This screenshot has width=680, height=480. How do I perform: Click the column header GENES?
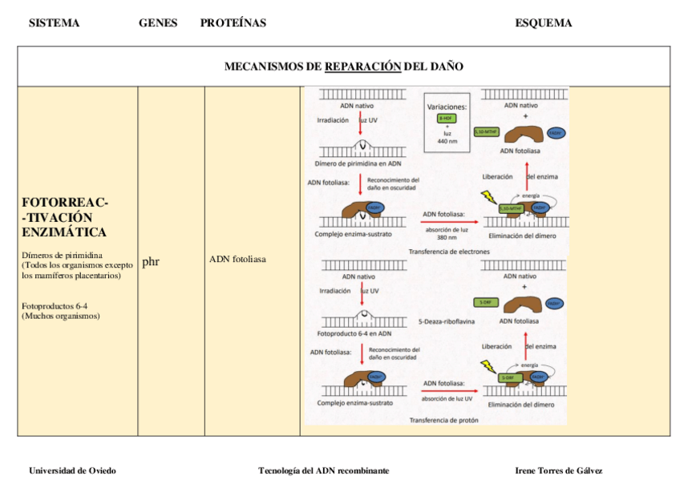pyautogui.click(x=158, y=23)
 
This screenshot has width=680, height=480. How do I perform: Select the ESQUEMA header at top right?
pyautogui.click(x=543, y=23)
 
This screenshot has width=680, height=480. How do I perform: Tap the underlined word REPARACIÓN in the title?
pyautogui.click(x=362, y=67)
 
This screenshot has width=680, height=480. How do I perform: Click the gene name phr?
pyautogui.click(x=151, y=261)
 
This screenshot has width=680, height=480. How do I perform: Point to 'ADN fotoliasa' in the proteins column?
pyautogui.click(x=237, y=260)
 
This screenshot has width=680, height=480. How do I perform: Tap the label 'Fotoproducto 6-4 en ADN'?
pyautogui.click(x=354, y=333)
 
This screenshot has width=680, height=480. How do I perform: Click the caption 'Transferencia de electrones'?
pyautogui.click(x=448, y=251)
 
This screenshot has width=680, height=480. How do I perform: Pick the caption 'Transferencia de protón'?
pyautogui.click(x=443, y=420)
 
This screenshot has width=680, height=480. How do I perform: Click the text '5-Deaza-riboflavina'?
pyautogui.click(x=447, y=321)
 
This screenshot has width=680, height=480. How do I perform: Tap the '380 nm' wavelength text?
pyautogui.click(x=447, y=237)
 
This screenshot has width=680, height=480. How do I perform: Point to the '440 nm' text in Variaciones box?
pyautogui.click(x=447, y=141)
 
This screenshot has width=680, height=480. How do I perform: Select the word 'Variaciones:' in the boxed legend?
pyautogui.click(x=447, y=106)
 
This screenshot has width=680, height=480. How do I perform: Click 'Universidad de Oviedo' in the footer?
pyautogui.click(x=72, y=470)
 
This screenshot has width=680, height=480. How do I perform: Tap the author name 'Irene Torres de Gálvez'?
pyautogui.click(x=558, y=470)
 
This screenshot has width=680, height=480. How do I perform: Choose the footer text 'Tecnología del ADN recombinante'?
pyautogui.click(x=323, y=470)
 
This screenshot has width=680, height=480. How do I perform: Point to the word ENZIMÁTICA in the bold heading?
pyautogui.click(x=64, y=232)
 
